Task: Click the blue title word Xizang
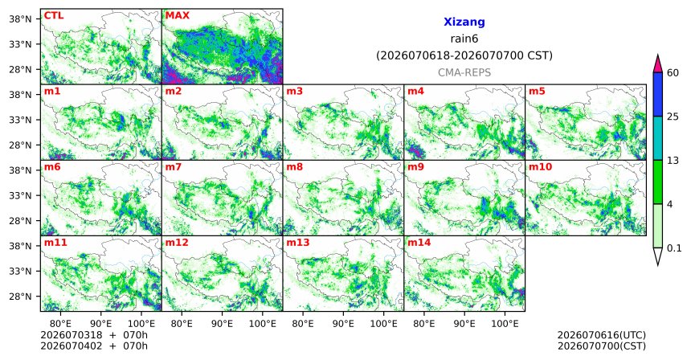[x=464, y=22]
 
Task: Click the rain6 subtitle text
[x=464, y=39]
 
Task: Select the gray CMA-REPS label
[x=464, y=72]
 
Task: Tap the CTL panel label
[x=54, y=15]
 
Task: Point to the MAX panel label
[x=177, y=15]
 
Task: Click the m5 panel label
[x=537, y=92]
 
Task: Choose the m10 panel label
[x=540, y=167]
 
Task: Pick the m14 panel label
[x=419, y=243]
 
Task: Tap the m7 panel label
[x=174, y=167]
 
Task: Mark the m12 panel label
[x=177, y=243]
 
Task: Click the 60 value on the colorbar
[x=673, y=72]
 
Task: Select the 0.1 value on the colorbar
[x=674, y=248]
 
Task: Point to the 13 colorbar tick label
[x=673, y=161]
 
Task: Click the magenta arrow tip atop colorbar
[x=658, y=55]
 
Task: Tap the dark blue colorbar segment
[x=658, y=94]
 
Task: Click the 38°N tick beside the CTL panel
[x=21, y=19]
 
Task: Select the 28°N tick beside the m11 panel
[x=21, y=296]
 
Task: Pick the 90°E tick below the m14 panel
[x=464, y=324]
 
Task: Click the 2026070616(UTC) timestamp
[x=602, y=335]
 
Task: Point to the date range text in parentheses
[x=464, y=56]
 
